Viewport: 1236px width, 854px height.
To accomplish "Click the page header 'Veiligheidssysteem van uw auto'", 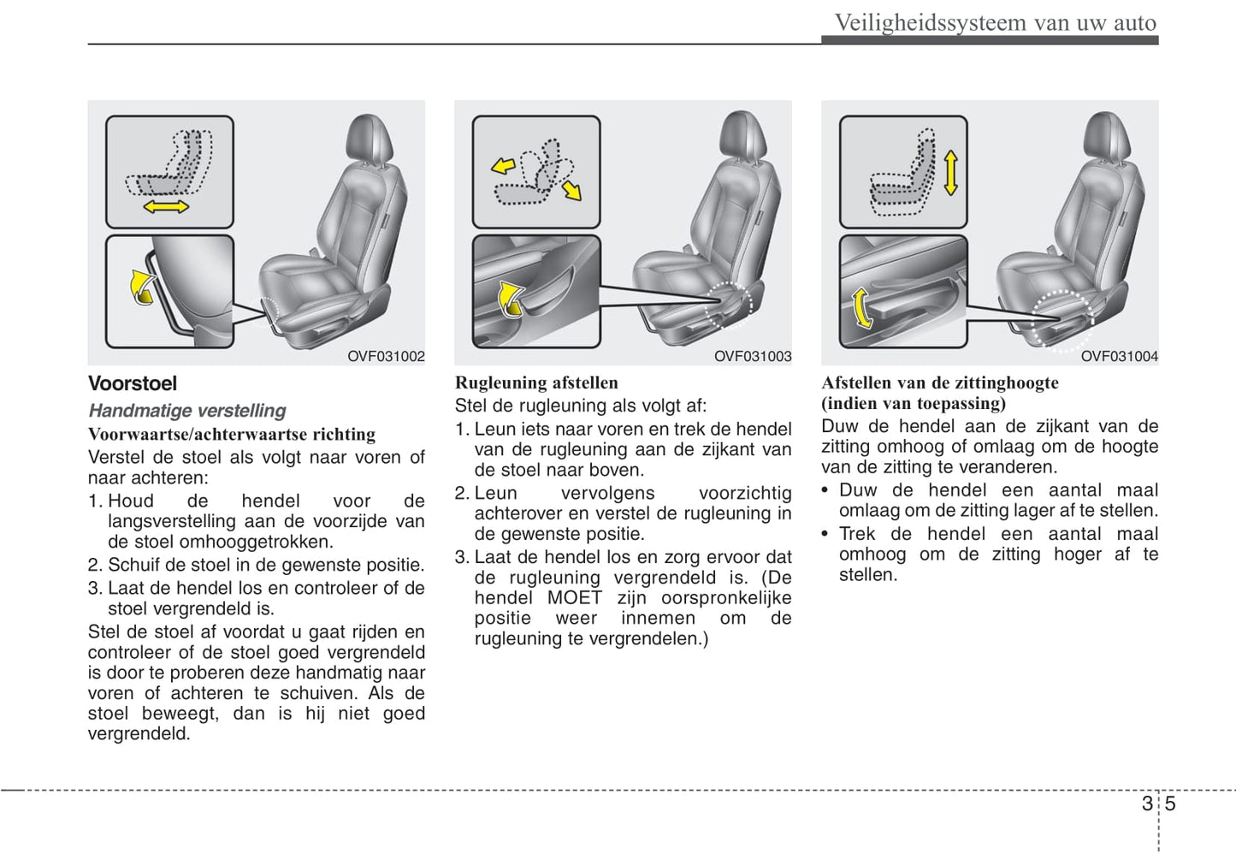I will (x=995, y=22).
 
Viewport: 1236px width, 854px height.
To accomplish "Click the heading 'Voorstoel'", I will (x=133, y=383).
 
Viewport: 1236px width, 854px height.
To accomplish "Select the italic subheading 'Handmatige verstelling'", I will (x=187, y=411).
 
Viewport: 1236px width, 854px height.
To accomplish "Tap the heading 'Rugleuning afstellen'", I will (x=536, y=383).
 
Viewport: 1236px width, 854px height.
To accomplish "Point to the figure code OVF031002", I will (x=386, y=356).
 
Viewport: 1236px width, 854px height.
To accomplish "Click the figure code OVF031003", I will (x=753, y=356).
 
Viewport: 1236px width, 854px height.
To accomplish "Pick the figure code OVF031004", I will (x=1119, y=356).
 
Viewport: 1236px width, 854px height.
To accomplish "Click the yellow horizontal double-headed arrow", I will (x=166, y=206).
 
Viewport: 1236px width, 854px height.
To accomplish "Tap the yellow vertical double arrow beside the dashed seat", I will (x=950, y=173).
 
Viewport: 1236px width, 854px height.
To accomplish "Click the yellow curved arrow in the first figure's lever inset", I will (x=141, y=286).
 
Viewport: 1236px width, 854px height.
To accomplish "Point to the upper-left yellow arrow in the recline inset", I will (x=503, y=165).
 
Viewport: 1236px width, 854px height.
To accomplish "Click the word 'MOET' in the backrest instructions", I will (x=575, y=597).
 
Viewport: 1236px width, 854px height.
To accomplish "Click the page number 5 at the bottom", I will (x=1170, y=804).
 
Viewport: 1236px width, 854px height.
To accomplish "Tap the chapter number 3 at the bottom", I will (x=1146, y=804).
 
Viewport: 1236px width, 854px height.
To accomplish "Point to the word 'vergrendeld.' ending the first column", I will (x=139, y=733).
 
